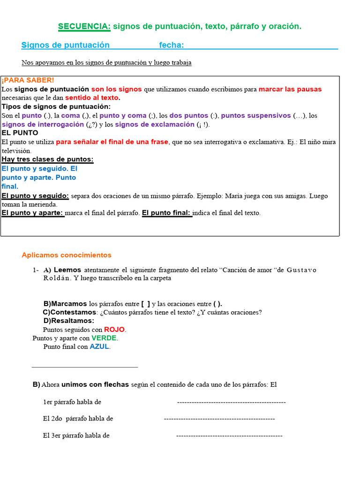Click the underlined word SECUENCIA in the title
[x=84, y=27]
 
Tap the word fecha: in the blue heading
[x=171, y=45]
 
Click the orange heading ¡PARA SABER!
[x=28, y=80]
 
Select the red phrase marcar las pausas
[x=290, y=89]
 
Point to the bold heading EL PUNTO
[x=20, y=133]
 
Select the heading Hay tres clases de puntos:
[x=47, y=159]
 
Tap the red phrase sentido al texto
[x=92, y=98]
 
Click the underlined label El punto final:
[x=167, y=213]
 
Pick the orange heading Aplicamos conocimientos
[x=67, y=255]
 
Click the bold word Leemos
[x=67, y=270]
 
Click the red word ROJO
[x=114, y=330]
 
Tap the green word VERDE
[x=104, y=338]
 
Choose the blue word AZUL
[x=99, y=347]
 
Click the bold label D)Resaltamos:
[x=68, y=321]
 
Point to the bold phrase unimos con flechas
[x=95, y=384]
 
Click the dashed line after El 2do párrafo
[x=219, y=419]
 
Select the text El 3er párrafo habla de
[x=76, y=435]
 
